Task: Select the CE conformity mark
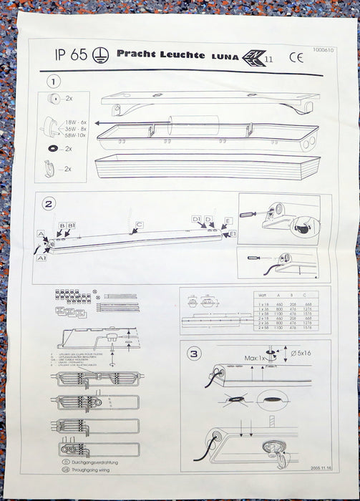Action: point(296,59)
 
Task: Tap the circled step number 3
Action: point(194,352)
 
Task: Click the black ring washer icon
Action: point(52,148)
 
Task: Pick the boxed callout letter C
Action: point(140,225)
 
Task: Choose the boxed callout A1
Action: point(43,258)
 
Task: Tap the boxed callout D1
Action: point(195,218)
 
